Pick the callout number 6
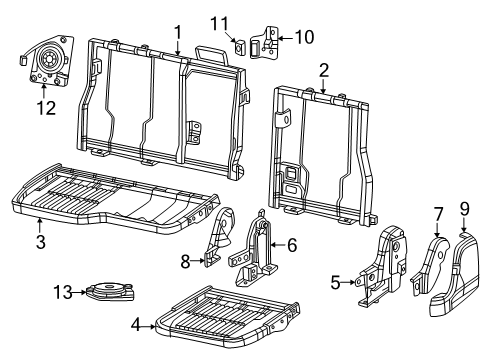click(292, 244)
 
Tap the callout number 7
click(437, 213)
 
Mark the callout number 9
click(464, 208)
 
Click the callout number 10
click(302, 38)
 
